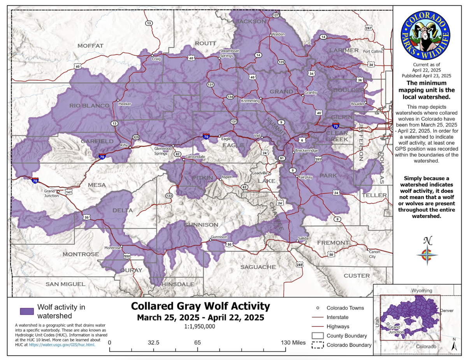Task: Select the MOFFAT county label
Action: point(90,46)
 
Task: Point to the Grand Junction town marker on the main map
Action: point(58,191)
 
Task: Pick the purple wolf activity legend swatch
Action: point(27,311)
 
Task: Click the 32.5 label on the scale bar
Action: point(153,342)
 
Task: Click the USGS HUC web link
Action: point(64,344)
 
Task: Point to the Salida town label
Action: point(303,237)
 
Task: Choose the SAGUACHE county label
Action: point(258,267)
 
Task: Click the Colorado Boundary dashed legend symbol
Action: point(318,345)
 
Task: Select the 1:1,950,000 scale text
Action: point(200,327)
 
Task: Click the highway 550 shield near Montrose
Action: point(127,256)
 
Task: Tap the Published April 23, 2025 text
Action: point(426,76)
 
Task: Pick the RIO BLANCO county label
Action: point(89,106)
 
